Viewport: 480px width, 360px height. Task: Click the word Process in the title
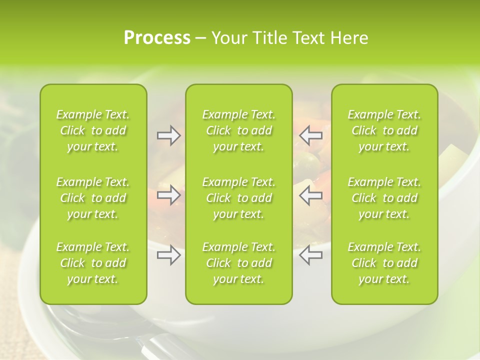click(x=157, y=38)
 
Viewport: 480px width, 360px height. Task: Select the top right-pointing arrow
click(x=168, y=135)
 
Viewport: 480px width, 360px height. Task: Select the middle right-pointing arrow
click(x=168, y=194)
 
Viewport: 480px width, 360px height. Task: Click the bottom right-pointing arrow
click(x=168, y=255)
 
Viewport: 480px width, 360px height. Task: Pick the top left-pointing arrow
click(x=311, y=135)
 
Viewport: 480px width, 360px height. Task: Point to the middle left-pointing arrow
click(x=311, y=194)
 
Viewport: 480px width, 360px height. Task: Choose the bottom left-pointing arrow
click(x=311, y=255)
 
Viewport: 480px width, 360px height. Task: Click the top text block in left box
click(x=93, y=130)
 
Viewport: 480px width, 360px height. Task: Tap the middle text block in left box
click(x=93, y=198)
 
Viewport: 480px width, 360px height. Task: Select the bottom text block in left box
click(x=93, y=263)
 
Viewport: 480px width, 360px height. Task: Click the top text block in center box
click(x=239, y=130)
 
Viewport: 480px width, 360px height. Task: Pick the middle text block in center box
click(x=239, y=198)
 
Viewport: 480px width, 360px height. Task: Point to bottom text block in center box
click(x=239, y=263)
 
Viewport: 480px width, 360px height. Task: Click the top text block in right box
click(x=384, y=130)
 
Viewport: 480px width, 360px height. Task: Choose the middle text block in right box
click(x=384, y=198)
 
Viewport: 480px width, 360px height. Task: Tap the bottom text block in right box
click(x=384, y=263)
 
